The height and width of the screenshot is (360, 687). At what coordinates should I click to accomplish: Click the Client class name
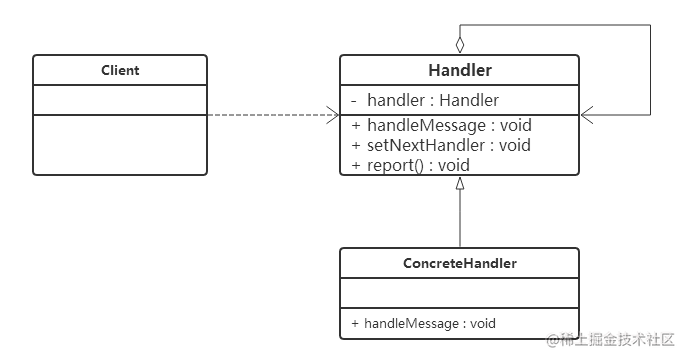coord(120,70)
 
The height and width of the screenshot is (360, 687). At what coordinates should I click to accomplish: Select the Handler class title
coord(460,70)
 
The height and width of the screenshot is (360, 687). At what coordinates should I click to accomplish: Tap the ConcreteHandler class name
coord(460,263)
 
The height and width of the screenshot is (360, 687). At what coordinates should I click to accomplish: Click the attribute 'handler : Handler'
coord(433,100)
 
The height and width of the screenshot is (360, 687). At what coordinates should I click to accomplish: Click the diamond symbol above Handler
coord(460,45)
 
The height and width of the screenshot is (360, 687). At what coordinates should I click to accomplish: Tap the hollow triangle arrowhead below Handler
coord(460,183)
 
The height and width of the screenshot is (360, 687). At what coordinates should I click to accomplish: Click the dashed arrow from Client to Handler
coord(273,115)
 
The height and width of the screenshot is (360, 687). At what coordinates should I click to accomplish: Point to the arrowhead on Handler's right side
coord(587,115)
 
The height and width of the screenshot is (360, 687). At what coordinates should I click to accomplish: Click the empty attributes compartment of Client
coord(120,100)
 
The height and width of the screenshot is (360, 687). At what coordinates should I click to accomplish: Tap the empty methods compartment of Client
coord(120,145)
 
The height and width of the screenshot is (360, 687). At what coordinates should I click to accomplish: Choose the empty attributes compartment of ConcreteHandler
coord(460,293)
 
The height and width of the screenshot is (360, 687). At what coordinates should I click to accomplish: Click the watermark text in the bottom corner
coord(610,339)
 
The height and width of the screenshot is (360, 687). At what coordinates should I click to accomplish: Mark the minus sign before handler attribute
coord(354,101)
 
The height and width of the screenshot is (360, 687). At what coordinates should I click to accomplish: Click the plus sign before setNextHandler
coord(356,145)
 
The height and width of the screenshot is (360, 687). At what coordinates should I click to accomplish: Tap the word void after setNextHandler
coord(515,145)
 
